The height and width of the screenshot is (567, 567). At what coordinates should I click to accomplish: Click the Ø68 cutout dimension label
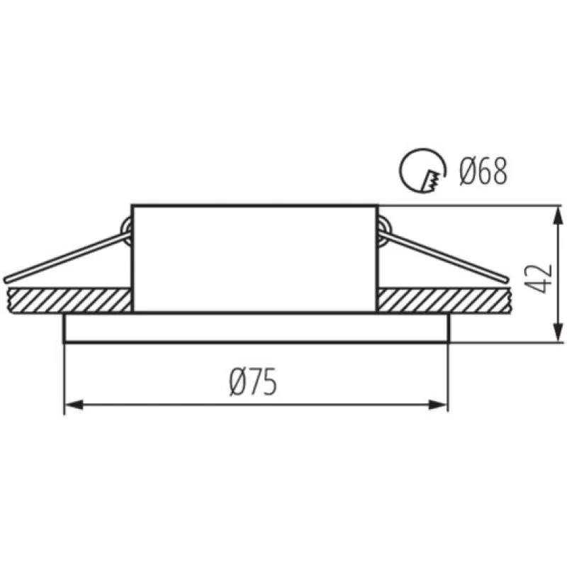(x=483, y=172)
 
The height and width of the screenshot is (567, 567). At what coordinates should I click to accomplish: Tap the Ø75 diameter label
(x=254, y=381)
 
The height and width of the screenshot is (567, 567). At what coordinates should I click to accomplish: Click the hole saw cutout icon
(x=422, y=170)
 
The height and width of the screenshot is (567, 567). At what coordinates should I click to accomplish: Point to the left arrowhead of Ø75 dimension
(x=74, y=405)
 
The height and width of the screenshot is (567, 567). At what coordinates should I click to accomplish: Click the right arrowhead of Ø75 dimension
(x=438, y=405)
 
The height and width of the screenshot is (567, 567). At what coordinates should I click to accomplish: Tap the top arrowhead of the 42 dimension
(x=558, y=215)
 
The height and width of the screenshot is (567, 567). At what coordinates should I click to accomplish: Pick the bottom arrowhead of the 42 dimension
(x=558, y=332)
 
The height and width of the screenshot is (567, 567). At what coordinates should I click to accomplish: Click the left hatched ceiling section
(x=69, y=301)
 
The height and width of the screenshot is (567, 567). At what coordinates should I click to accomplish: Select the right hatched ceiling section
(x=443, y=301)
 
